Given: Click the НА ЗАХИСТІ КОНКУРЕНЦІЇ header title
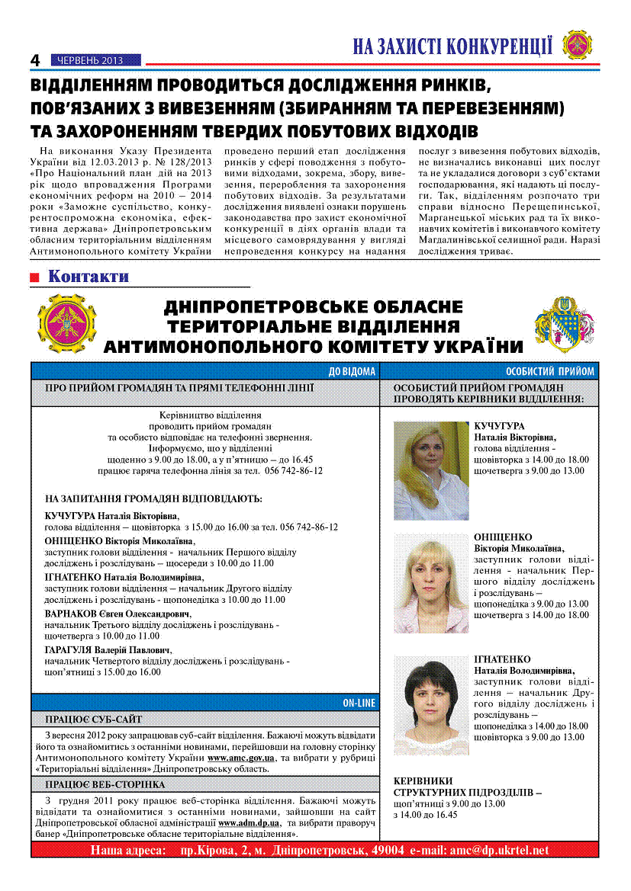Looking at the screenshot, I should click(x=452, y=46).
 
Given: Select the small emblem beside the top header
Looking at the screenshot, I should click(x=578, y=44).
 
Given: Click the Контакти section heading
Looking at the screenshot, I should click(x=89, y=277).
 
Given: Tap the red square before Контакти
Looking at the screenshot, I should click(x=34, y=277).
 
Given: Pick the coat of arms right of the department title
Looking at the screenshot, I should click(x=565, y=325).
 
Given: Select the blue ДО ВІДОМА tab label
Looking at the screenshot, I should click(x=352, y=372).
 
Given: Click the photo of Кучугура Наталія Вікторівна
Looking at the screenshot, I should click(x=431, y=470).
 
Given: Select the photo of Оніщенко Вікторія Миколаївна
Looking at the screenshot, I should click(x=431, y=583).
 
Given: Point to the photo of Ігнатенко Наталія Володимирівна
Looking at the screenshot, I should click(x=431, y=704).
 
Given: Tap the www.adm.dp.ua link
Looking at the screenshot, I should click(x=249, y=823).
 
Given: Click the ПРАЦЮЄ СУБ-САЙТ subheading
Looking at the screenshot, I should click(x=93, y=719).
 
